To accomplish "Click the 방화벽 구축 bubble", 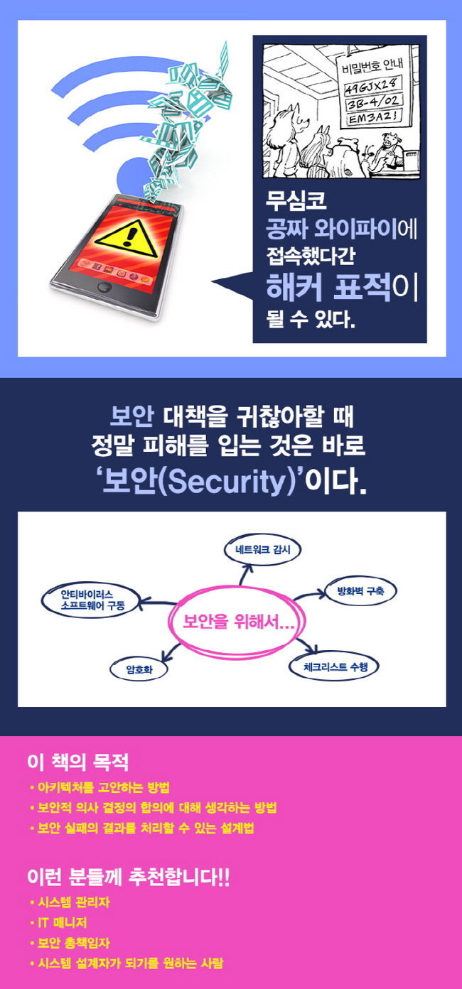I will tap(360, 590).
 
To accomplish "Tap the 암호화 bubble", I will tap(138, 668).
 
